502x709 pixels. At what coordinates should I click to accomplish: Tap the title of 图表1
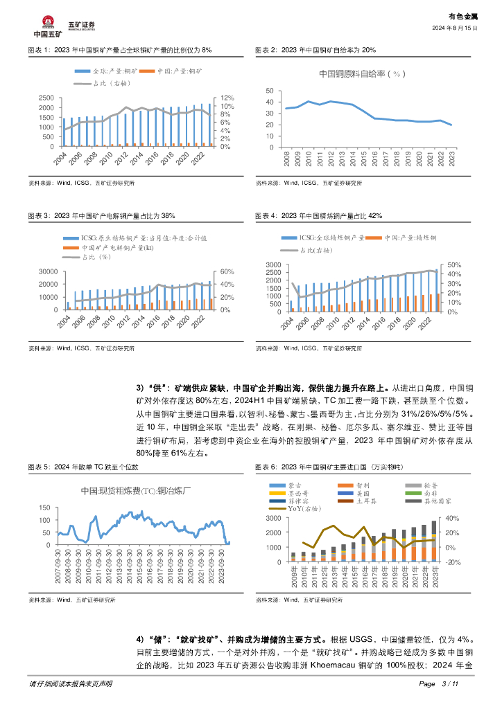pyautogui.click(x=119, y=51)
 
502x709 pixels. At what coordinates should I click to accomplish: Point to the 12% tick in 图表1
pyautogui.click(x=226, y=98)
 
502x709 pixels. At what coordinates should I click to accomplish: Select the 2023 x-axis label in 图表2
pyautogui.click(x=451, y=158)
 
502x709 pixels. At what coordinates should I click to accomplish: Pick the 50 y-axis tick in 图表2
pyautogui.click(x=270, y=91)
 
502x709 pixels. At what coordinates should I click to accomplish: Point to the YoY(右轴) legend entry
pyautogui.click(x=298, y=508)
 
